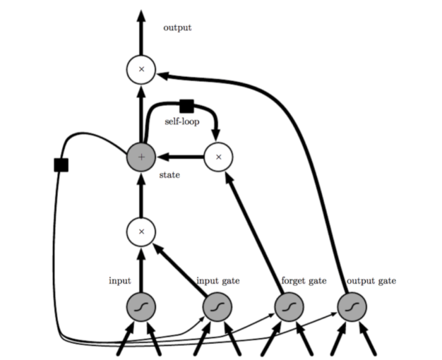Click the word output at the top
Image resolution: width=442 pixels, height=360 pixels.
pyautogui.click(x=177, y=28)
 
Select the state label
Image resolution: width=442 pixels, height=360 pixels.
pyautogui.click(x=169, y=174)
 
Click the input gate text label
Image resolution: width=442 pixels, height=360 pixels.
pyautogui.click(x=217, y=281)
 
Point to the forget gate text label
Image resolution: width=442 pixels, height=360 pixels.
pyautogui.click(x=304, y=281)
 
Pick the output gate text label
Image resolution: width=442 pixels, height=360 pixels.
pyautogui.click(x=371, y=281)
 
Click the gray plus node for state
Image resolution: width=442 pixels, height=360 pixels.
pyautogui.click(x=141, y=157)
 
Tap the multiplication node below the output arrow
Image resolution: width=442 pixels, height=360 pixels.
pyautogui.click(x=141, y=69)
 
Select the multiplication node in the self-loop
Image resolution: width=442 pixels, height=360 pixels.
pyautogui.click(x=218, y=157)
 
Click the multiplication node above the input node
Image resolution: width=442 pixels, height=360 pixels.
pyautogui.click(x=141, y=230)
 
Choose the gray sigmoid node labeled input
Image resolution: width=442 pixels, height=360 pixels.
pyautogui.click(x=141, y=306)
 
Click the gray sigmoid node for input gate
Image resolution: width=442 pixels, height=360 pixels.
pyautogui.click(x=217, y=306)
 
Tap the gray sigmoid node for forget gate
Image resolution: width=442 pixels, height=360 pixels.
pyautogui.click(x=288, y=306)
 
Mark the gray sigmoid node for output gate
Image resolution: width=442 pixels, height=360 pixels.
pyautogui.click(x=352, y=306)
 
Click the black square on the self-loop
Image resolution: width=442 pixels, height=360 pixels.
pyautogui.click(x=186, y=106)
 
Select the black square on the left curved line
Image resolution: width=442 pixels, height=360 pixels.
pyautogui.click(x=61, y=164)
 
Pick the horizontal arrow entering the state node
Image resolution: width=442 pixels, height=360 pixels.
pyautogui.click(x=180, y=157)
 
